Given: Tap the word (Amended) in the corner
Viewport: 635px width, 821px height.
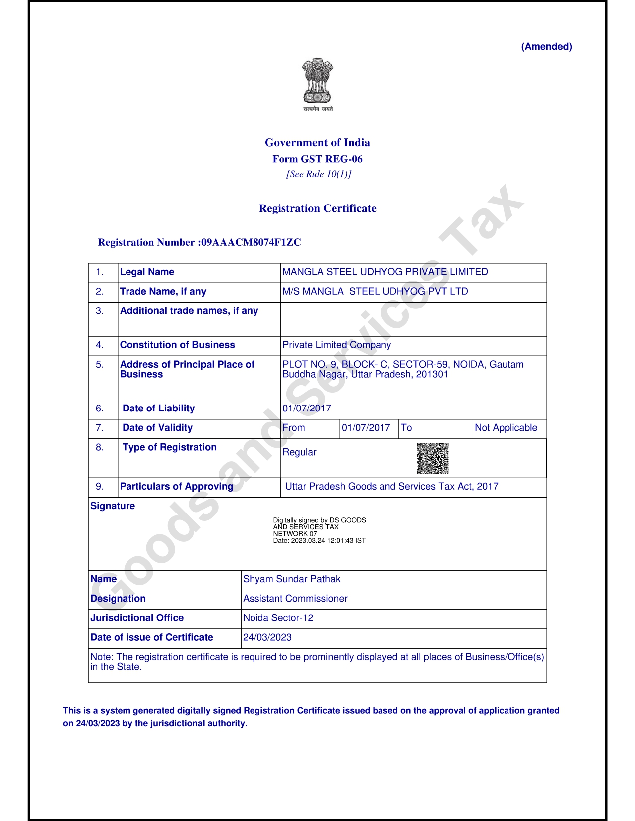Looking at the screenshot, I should [x=546, y=47].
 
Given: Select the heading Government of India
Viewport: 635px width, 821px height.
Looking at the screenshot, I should [x=317, y=143].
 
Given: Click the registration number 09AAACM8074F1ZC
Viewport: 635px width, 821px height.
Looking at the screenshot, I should [x=251, y=242].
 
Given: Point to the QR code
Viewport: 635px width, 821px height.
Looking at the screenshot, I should [x=433, y=458].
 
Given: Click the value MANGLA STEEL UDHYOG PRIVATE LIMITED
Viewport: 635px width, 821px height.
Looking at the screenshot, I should [x=385, y=272].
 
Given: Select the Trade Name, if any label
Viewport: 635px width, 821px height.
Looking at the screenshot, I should [x=163, y=291].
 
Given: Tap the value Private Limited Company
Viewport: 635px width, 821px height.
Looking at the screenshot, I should [x=337, y=345].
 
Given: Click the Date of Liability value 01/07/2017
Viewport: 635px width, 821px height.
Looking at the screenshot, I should [x=307, y=409].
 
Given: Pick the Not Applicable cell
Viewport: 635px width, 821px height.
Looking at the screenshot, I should [x=506, y=428].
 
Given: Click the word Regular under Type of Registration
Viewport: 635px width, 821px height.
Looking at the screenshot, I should [x=299, y=452].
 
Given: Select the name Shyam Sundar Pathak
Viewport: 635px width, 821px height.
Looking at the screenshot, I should [x=291, y=579].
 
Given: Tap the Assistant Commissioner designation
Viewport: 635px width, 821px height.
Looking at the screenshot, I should [x=295, y=599].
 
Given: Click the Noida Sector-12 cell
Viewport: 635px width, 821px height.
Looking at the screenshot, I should [x=278, y=618].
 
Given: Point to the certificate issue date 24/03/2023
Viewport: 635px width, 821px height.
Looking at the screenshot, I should [x=267, y=637].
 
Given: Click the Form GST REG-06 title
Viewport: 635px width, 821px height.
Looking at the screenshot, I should [x=317, y=159].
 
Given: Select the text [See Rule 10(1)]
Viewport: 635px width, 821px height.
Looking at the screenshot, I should [x=318, y=174].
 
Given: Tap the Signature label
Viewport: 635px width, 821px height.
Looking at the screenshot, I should [x=113, y=506].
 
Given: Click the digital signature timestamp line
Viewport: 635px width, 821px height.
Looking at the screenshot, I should [x=319, y=541].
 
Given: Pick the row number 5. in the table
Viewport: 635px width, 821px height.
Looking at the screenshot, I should [x=100, y=365].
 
